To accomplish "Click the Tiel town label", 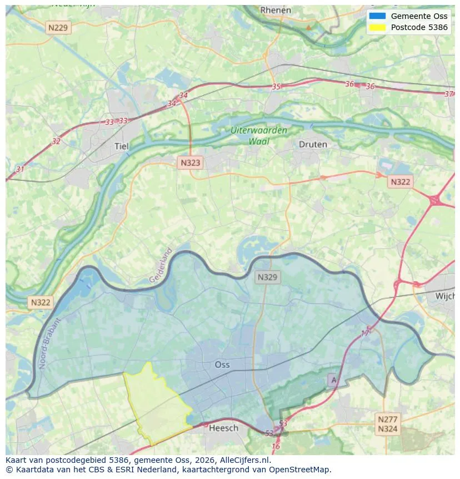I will pyautogui.click(x=121, y=146).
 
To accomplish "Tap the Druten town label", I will pyautogui.click(x=313, y=144).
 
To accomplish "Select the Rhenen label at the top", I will pyautogui.click(x=276, y=10).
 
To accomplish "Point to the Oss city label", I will pyautogui.click(x=222, y=364).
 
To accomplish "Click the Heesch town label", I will pyautogui.click(x=224, y=428).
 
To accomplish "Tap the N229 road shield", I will pyautogui.click(x=58, y=27).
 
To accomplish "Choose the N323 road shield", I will pyautogui.click(x=191, y=163).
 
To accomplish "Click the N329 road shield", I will pyautogui.click(x=268, y=276).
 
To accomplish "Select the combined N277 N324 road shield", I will pyautogui.click(x=387, y=424).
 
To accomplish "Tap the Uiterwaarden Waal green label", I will pyautogui.click(x=259, y=136).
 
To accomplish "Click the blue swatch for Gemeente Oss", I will pyautogui.click(x=377, y=16).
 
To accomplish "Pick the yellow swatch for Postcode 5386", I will pyautogui.click(x=377, y=27).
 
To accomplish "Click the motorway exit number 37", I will pyautogui.click(x=449, y=94).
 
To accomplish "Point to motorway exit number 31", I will pyautogui.click(x=21, y=169).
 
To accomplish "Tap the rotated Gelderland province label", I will pyautogui.click(x=161, y=265).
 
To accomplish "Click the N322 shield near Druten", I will pyautogui.click(x=400, y=182).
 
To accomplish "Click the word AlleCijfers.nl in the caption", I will pyautogui.click(x=244, y=461).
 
